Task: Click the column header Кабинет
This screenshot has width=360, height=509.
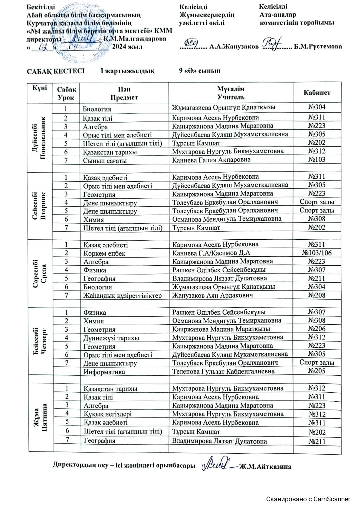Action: click(x=317, y=93)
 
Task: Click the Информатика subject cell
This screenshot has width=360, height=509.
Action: click(x=104, y=372)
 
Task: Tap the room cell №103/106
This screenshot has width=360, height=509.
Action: click(x=317, y=253)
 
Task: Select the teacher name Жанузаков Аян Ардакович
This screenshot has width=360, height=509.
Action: click(x=212, y=295)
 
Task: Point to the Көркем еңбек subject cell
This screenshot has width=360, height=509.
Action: click(x=104, y=254)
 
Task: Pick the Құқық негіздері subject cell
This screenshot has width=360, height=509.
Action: click(x=108, y=414)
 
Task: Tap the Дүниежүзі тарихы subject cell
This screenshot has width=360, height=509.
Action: click(x=111, y=338)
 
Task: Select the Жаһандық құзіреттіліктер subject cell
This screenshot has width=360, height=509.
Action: click(x=123, y=296)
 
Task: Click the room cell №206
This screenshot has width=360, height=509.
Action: click(x=317, y=329)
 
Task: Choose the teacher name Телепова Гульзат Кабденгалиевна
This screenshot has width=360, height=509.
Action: click(x=223, y=371)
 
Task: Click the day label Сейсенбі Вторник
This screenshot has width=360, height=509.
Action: click(x=40, y=206)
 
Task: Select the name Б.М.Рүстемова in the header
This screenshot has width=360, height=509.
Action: click(x=318, y=47)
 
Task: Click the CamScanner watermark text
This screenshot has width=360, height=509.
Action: click(x=308, y=499)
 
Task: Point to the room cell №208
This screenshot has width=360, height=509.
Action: click(x=317, y=295)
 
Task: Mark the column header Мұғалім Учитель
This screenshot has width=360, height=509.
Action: click(x=231, y=93)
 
